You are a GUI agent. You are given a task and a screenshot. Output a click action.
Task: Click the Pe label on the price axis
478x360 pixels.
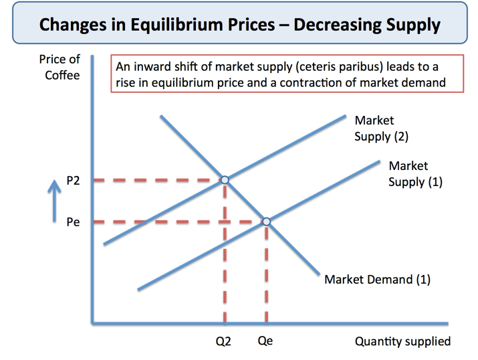[x=73, y=222]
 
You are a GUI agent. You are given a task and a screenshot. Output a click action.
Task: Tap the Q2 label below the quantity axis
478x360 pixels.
[x=223, y=341]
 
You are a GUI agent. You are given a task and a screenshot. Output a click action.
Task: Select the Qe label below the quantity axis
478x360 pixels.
[x=265, y=341]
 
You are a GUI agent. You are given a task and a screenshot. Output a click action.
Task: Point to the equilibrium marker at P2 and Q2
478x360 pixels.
[x=225, y=179]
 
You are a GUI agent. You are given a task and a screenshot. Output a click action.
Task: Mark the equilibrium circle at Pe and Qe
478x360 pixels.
[x=266, y=221]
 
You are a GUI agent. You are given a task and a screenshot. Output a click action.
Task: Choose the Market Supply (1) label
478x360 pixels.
[x=414, y=173]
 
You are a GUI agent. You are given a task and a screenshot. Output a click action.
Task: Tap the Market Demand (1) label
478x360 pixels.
[x=377, y=280]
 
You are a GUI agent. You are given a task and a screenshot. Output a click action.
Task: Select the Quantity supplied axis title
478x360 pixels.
[x=402, y=341]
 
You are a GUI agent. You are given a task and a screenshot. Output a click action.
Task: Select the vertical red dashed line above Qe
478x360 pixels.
[x=266, y=274]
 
